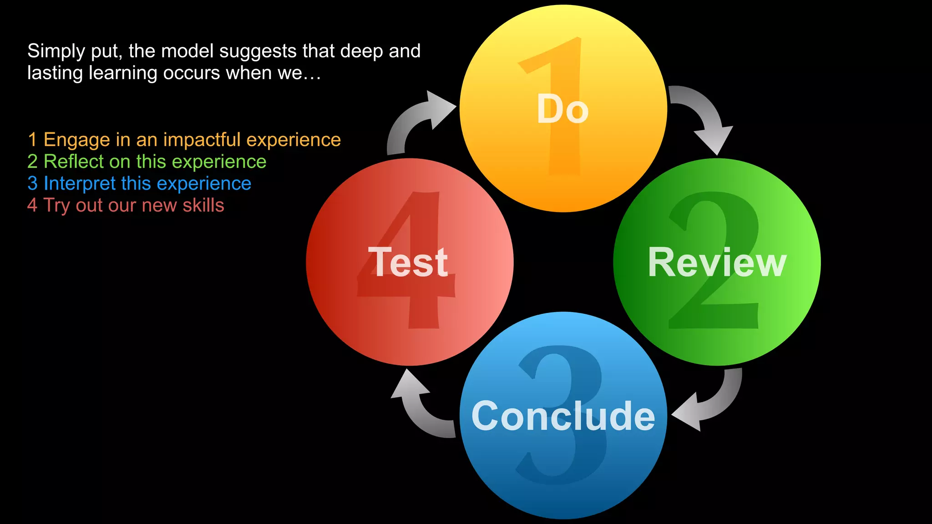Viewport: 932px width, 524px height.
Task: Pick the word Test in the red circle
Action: (408, 262)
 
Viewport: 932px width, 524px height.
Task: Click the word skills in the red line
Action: (203, 206)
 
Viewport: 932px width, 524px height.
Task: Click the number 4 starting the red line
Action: (32, 206)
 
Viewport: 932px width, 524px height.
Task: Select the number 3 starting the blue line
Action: (32, 184)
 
